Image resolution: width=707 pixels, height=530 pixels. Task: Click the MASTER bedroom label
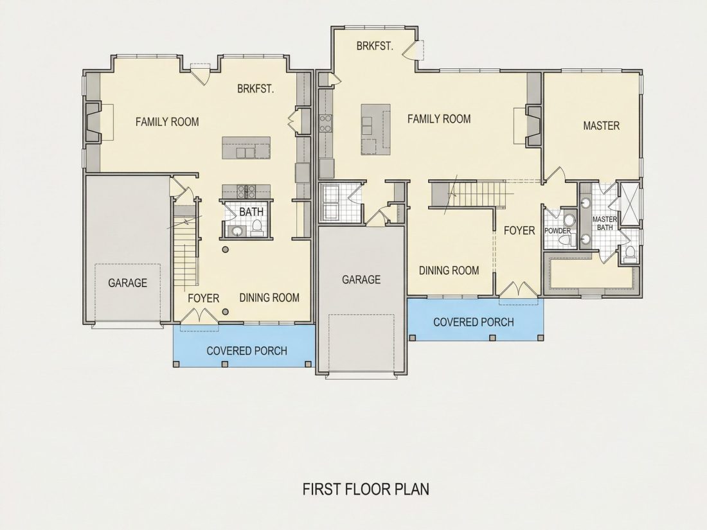coord(601,125)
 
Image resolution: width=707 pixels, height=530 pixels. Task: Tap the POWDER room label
coord(557,231)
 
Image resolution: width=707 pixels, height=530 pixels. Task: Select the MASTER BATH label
coord(605,223)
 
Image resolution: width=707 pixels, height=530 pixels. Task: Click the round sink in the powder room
coord(569,220)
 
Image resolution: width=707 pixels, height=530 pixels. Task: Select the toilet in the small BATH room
coord(257,227)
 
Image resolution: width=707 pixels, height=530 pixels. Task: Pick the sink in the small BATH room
coord(237,231)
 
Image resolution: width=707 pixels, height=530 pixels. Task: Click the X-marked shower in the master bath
coord(630,204)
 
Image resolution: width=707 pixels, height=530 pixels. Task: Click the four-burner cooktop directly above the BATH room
coord(246,191)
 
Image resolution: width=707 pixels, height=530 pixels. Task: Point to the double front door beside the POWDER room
coord(519,289)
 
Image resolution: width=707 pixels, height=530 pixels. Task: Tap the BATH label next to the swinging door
coord(251,211)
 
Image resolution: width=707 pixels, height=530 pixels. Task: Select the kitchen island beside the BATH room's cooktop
coord(246,148)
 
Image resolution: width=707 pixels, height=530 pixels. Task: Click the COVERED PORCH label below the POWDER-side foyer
coord(474,322)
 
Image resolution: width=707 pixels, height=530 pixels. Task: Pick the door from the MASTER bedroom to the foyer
coord(555,174)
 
